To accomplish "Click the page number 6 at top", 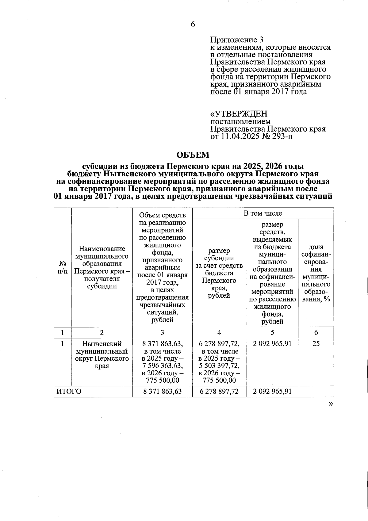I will (193, 25).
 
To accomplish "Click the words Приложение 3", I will (237, 40).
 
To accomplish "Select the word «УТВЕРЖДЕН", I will (239, 114).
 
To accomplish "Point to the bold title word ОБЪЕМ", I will (193, 155).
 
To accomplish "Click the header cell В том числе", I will (263, 213).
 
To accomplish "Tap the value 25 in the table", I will (316, 344).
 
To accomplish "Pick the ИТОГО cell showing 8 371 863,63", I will (162, 391).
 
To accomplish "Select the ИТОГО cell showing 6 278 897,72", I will (219, 391).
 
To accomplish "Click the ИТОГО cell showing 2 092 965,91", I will (272, 391).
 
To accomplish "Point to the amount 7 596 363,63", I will (163, 366).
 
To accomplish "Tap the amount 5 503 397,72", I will (219, 366).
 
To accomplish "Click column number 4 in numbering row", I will (219, 332).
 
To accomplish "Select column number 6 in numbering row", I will (316, 332).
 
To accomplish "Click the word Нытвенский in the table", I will (102, 344).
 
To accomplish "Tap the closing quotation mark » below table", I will (330, 404).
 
